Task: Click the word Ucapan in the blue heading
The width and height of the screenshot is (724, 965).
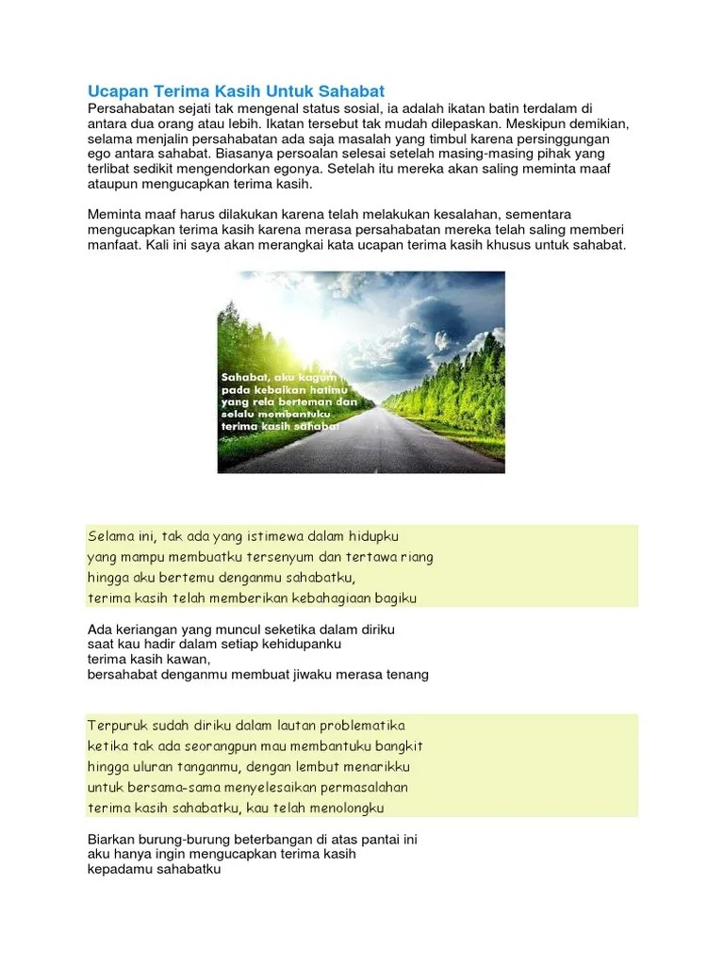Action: point(115,91)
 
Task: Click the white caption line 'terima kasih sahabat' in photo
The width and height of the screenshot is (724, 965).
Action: point(279,425)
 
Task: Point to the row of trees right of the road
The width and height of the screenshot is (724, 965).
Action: point(443,386)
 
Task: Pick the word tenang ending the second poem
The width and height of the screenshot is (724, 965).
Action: point(406,674)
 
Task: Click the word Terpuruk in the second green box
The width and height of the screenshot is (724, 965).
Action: point(116,726)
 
